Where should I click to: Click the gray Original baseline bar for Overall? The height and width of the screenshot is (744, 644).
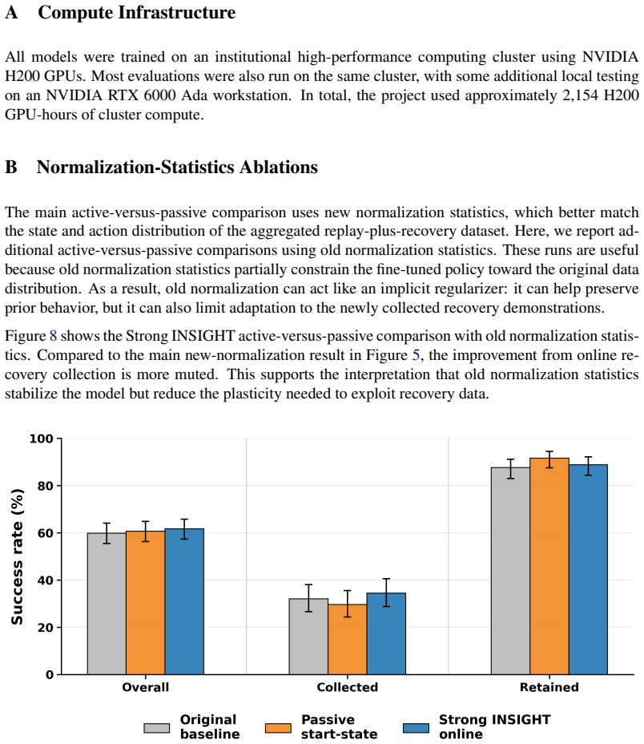tap(107, 604)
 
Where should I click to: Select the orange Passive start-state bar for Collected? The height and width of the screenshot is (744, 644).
tap(347, 639)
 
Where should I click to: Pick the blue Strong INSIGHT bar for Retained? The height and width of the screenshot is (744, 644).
tap(588, 569)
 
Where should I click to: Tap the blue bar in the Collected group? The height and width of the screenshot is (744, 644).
tap(386, 633)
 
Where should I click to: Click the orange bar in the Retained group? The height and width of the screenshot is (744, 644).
tap(549, 566)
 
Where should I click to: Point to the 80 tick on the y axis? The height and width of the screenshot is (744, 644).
tap(58, 485)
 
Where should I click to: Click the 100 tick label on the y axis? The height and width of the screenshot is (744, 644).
tap(42, 439)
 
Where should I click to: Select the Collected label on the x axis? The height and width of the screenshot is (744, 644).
tap(347, 687)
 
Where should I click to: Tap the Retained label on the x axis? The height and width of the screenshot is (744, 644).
tap(549, 687)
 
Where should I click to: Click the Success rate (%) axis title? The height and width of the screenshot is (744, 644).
tap(17, 556)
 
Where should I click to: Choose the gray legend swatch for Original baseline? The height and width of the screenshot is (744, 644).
tap(157, 728)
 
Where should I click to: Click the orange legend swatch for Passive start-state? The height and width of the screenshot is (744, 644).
tap(279, 728)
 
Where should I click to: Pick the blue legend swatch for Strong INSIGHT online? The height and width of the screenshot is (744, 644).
tap(416, 728)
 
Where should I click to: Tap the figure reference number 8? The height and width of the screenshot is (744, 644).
tap(53, 336)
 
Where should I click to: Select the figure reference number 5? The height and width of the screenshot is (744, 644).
tap(416, 355)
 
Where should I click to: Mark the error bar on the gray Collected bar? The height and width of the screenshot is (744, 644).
tap(308, 598)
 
